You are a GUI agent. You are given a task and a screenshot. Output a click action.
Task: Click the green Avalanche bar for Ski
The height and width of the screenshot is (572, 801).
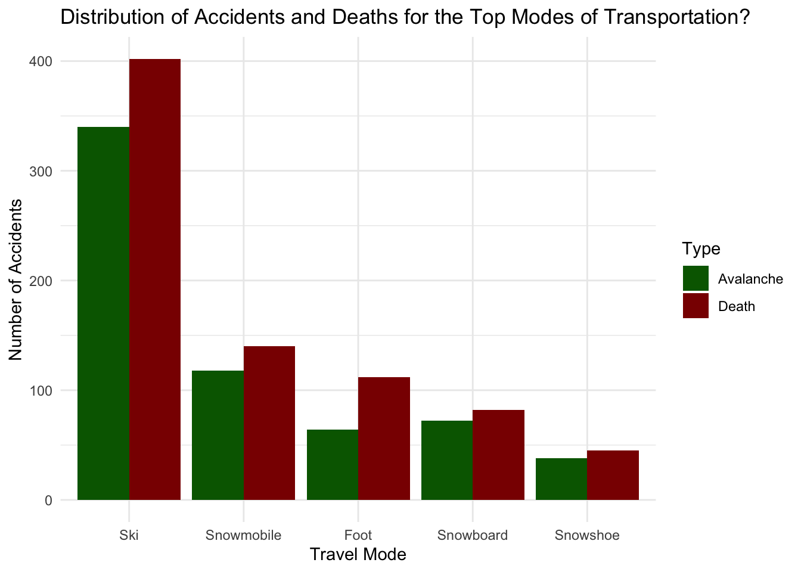tap(103, 313)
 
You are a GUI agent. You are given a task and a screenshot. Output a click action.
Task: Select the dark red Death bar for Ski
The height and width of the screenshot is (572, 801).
tap(155, 279)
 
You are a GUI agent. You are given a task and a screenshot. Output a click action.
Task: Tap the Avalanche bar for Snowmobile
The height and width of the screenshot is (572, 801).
tap(218, 435)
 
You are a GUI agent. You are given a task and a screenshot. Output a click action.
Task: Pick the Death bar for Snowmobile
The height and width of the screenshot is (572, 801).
tap(269, 423)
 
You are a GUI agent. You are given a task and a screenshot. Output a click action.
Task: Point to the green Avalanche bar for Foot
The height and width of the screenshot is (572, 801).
tap(333, 465)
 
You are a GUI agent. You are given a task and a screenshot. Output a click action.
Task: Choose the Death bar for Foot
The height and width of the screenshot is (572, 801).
tap(384, 439)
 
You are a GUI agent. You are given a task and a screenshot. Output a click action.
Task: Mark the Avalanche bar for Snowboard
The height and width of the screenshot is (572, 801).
tap(447, 460)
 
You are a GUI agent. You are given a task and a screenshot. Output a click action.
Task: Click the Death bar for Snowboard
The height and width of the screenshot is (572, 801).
tap(498, 455)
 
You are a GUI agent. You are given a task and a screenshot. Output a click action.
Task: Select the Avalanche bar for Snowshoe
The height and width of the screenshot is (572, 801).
tap(561, 479)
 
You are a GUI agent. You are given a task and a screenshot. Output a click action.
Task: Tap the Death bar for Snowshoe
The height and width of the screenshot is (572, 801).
tap(613, 475)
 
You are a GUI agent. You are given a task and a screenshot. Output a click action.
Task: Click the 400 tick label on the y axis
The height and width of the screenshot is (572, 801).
tap(42, 61)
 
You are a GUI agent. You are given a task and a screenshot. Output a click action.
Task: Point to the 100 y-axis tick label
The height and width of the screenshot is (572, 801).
tap(42, 390)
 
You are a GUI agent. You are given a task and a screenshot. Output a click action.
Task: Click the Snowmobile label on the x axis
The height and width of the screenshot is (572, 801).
tap(243, 535)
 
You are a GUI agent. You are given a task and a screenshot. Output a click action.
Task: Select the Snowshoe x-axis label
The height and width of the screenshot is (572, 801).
tap(587, 535)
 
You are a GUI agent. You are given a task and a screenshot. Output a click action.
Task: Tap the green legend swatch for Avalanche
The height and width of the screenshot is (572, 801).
tap(696, 278)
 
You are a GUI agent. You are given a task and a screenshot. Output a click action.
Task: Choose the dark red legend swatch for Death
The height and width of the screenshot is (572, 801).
tap(696, 306)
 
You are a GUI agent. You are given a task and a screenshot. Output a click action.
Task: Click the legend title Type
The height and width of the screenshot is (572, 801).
tap(701, 248)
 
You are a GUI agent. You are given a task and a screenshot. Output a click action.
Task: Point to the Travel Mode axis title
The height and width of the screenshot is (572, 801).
tap(358, 555)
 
